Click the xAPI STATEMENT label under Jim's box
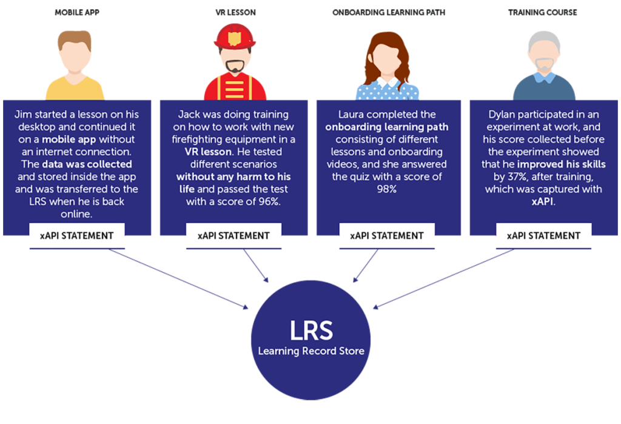pyautogui.click(x=76, y=235)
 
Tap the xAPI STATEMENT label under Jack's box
pyautogui.click(x=233, y=235)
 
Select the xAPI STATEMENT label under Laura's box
pyautogui.click(x=387, y=235)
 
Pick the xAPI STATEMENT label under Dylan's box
pyautogui.click(x=543, y=235)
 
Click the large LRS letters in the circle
pyautogui.click(x=310, y=331)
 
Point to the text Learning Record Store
pyautogui.click(x=310, y=351)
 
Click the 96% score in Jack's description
pyautogui.click(x=267, y=201)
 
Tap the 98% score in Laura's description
pyautogui.click(x=387, y=189)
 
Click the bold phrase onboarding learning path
pyautogui.click(x=387, y=127)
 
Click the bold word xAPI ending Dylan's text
pyautogui.click(x=543, y=202)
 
